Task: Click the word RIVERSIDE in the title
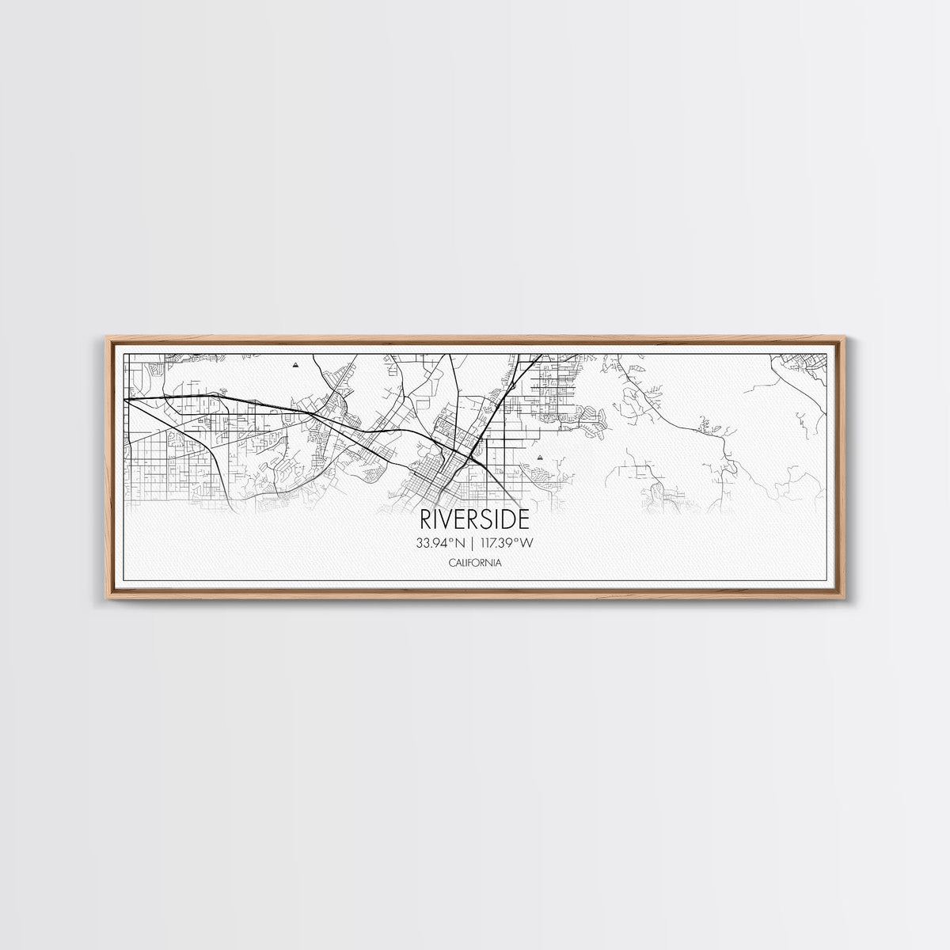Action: click(474, 519)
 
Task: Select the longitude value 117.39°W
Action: click(507, 543)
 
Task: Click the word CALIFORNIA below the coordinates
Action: click(474, 563)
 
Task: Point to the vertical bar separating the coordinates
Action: click(474, 543)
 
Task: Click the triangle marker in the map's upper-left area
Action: click(296, 366)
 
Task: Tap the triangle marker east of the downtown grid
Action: click(540, 458)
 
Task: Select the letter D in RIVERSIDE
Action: click(509, 519)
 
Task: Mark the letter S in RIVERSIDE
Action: click(488, 519)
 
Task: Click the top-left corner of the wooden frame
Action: click(108, 338)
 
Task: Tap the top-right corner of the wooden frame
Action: click(844, 338)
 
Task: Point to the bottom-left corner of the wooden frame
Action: click(108, 595)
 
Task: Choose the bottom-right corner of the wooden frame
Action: click(844, 595)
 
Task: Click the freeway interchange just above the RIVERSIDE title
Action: click(472, 457)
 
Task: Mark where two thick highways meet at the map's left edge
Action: click(127, 400)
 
